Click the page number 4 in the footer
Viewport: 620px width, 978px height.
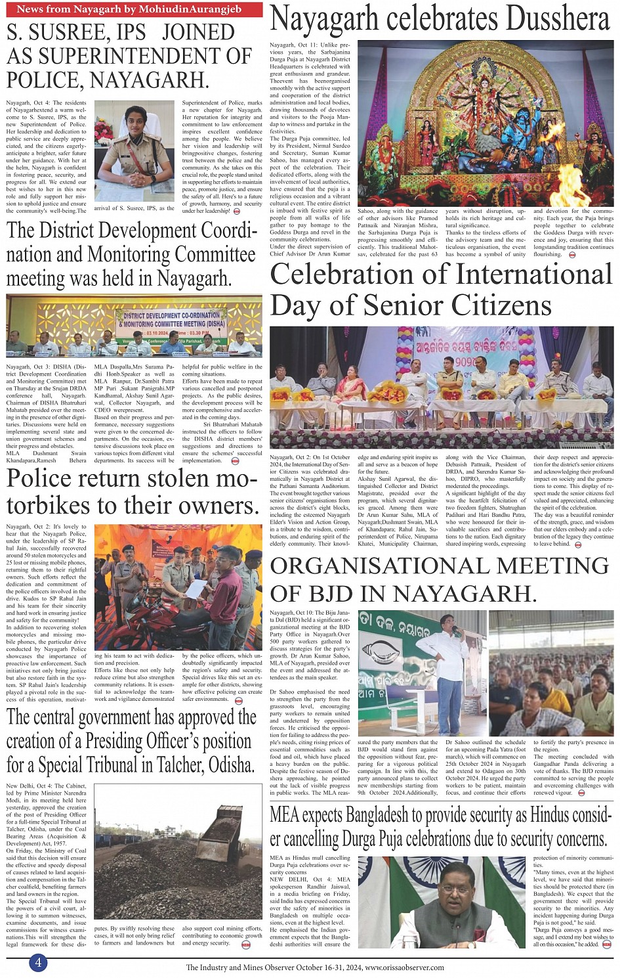click(x=38, y=962)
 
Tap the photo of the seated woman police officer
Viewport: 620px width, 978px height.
click(x=134, y=150)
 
